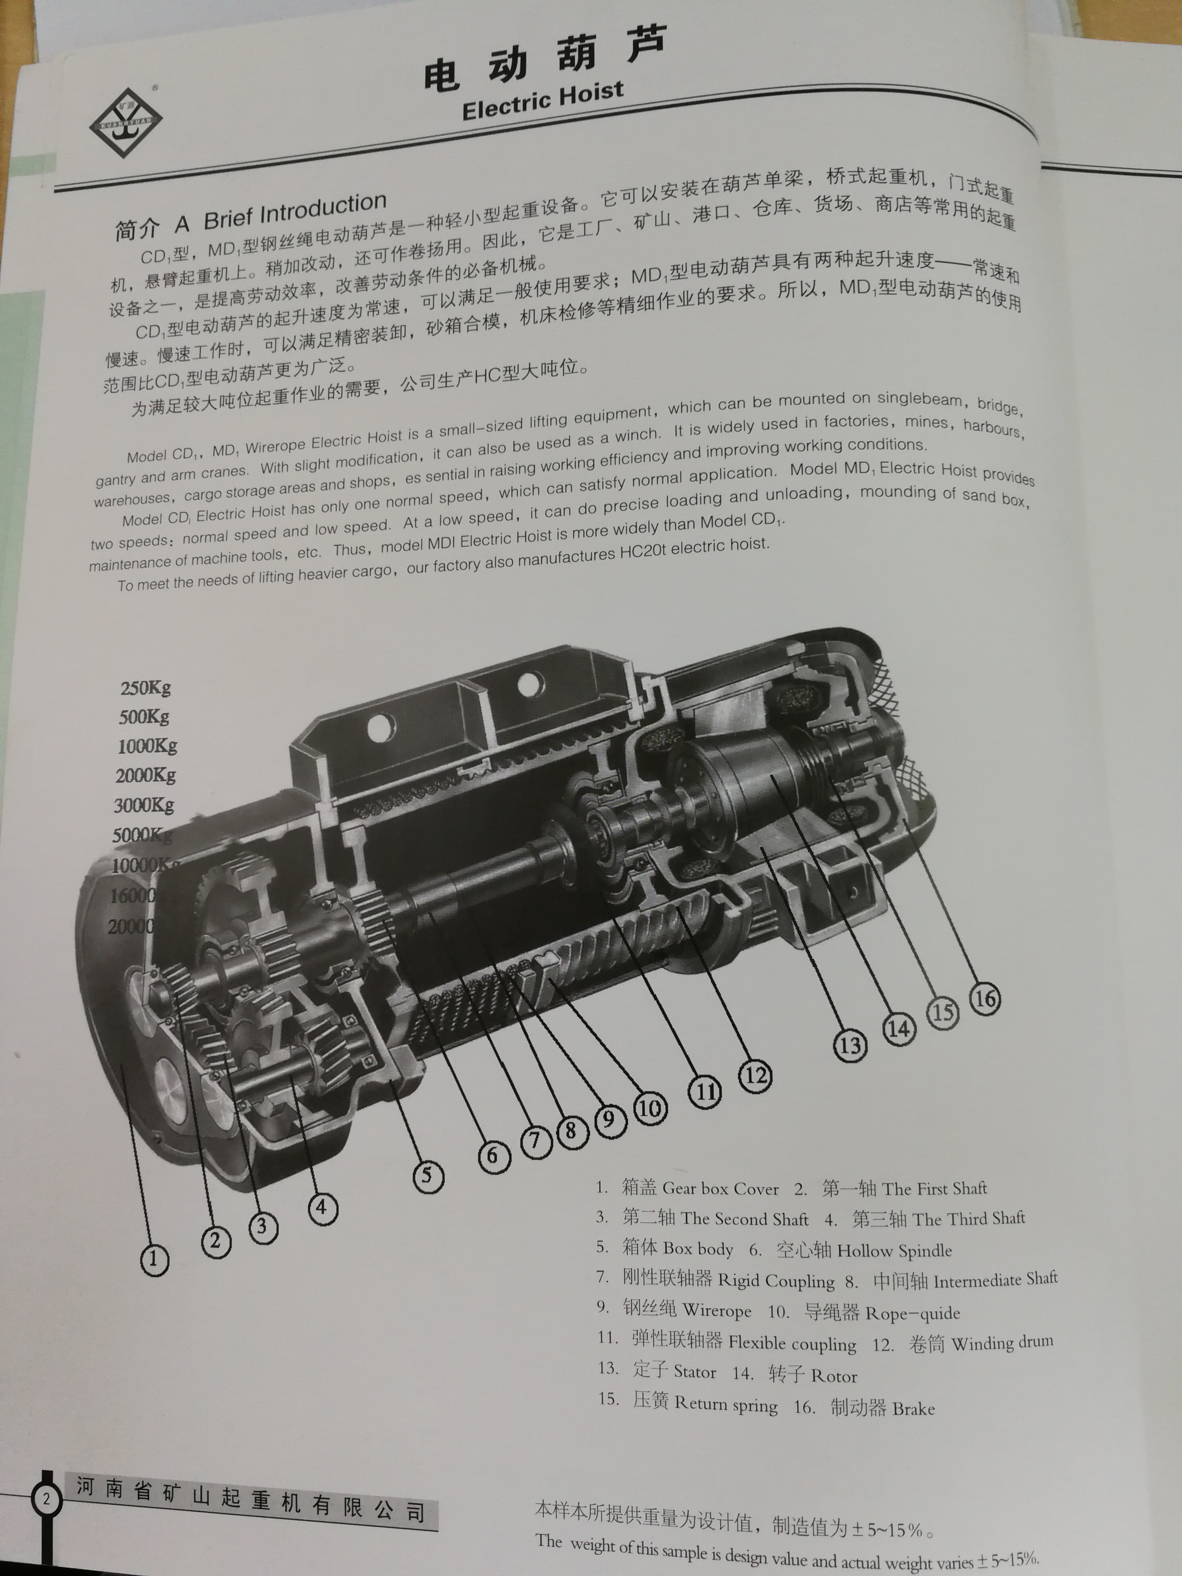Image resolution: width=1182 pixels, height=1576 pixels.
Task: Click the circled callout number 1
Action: (x=154, y=1260)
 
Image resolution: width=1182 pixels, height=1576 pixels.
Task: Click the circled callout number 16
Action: (x=985, y=999)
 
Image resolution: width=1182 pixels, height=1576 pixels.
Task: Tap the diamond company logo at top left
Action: (x=126, y=123)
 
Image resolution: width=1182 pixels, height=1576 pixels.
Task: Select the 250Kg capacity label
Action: (x=146, y=688)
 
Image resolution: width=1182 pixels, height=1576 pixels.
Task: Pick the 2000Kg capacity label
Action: (x=146, y=775)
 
